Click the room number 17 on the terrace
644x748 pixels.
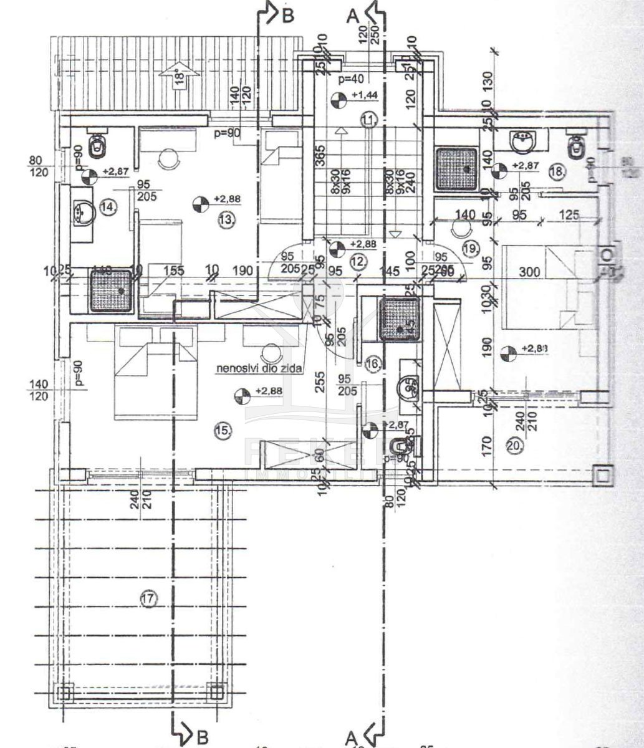click(x=148, y=599)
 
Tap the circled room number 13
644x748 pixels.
click(x=226, y=219)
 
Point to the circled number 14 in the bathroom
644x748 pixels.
click(x=108, y=206)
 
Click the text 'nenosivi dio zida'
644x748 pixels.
click(x=259, y=369)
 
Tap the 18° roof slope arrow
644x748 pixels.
click(x=178, y=77)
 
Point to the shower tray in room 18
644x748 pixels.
click(x=456, y=168)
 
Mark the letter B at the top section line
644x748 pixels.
click(x=287, y=17)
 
